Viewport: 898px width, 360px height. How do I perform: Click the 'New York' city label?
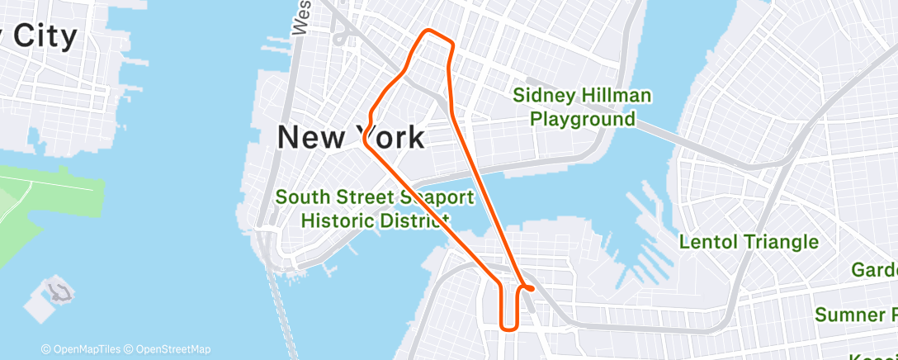(351, 137)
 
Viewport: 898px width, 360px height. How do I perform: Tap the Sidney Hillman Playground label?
(582, 107)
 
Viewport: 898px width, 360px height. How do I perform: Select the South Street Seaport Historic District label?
(375, 209)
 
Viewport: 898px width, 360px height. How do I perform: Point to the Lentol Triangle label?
(749, 242)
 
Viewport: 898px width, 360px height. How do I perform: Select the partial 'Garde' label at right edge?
(874, 270)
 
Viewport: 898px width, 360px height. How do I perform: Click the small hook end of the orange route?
(529, 288)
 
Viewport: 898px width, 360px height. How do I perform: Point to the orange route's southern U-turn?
(509, 327)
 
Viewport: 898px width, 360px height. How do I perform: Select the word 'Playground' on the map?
(582, 119)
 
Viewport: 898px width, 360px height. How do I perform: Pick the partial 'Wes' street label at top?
(301, 18)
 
